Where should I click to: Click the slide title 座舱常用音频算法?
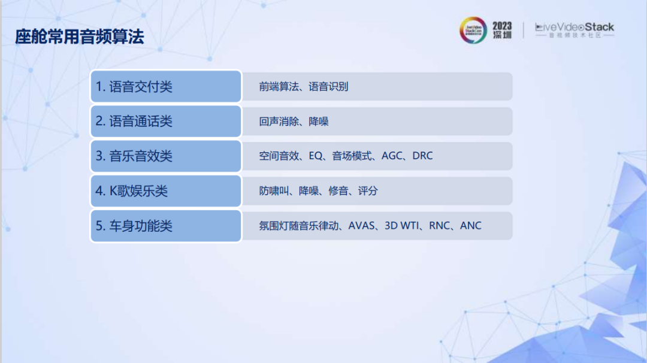[80, 37]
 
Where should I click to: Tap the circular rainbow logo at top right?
[473, 30]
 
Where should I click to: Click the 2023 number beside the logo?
[502, 26]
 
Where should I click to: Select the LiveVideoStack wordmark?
[575, 27]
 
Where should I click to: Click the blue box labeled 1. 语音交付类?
[166, 86]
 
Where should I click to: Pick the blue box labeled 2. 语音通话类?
[166, 121]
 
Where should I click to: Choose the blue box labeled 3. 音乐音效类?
[166, 156]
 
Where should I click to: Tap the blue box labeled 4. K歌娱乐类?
[166, 191]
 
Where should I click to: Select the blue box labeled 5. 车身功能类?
[166, 226]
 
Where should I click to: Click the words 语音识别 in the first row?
[328, 87]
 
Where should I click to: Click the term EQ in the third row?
[316, 156]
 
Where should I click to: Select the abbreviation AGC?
[392, 156]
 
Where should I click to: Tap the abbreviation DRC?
[422, 156]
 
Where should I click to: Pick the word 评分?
[368, 191]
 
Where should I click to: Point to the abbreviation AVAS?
[361, 226]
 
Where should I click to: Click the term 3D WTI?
[402, 226]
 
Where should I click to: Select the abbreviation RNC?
[440, 226]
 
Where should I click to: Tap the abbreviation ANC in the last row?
[471, 226]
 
